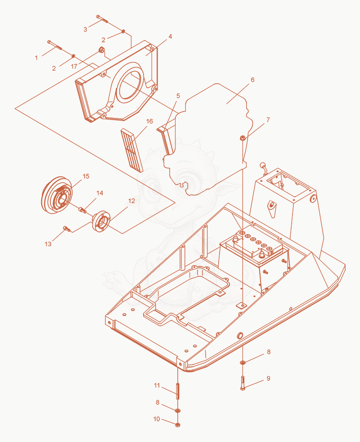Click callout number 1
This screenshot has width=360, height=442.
(36, 58)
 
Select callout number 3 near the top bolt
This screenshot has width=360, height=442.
(85, 29)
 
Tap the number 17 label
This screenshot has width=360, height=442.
(74, 67)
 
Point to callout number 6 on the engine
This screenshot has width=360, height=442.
(252, 80)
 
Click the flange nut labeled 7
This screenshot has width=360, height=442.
(243, 138)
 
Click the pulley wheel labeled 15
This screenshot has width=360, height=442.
(57, 195)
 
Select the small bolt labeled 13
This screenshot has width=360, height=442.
(67, 229)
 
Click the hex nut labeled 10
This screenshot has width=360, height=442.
(178, 425)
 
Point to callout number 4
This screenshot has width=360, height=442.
(170, 36)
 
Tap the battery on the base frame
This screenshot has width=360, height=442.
(255, 248)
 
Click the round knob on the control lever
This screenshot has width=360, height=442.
(263, 165)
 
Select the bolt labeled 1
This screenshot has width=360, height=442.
(54, 45)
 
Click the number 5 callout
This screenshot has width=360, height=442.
(178, 96)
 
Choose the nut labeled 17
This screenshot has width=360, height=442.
(101, 51)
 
